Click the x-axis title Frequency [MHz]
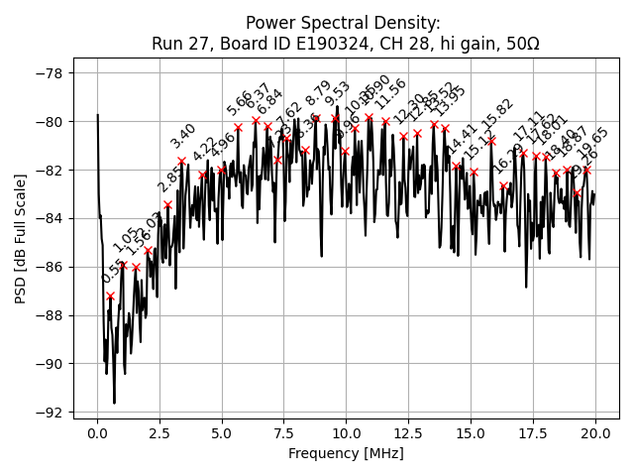point(346,453)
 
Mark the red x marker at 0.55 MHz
point(111,296)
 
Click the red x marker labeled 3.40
point(181,161)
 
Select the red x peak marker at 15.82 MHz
point(491,141)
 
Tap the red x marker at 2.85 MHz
point(167,204)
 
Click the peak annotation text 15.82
point(497,115)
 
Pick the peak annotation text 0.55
point(113,272)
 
